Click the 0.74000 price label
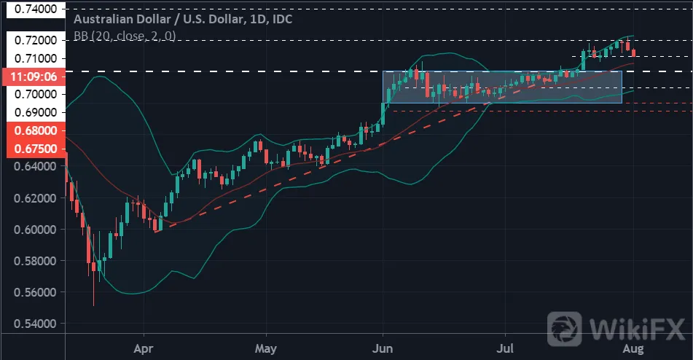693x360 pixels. [36, 9]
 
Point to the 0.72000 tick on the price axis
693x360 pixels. [36, 40]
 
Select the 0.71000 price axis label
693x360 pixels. [36, 58]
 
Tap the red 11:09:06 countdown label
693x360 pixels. [34, 77]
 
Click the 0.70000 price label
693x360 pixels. [36, 94]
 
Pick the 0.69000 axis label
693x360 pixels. [36, 112]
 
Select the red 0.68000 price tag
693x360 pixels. [36, 130]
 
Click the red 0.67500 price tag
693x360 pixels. [36, 149]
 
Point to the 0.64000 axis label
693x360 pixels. [36, 167]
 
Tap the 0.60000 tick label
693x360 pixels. [36, 230]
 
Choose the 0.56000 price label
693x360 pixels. [36, 292]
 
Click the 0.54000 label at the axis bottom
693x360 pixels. [36, 324]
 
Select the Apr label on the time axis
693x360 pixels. [144, 349]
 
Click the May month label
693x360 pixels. [266, 348]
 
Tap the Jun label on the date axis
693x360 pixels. [383, 348]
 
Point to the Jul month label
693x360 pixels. [505, 348]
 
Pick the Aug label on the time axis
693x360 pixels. [633, 349]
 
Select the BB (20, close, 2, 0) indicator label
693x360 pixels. [125, 36]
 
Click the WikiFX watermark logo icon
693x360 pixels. [565, 329]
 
